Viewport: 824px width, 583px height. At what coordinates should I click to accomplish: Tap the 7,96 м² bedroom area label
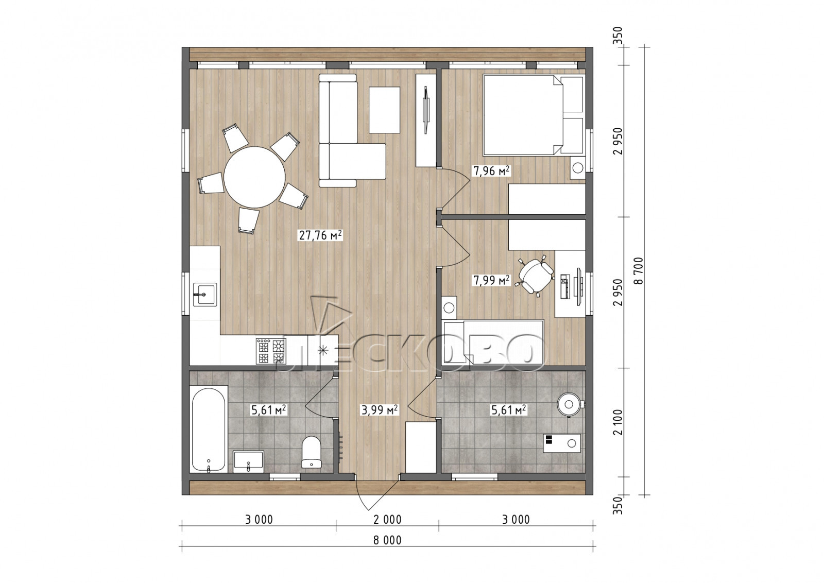point(491,170)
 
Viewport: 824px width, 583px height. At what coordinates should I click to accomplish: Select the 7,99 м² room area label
point(491,281)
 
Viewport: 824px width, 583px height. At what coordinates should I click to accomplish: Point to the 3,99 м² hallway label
point(380,410)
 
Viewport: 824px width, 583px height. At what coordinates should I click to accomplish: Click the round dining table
point(254,177)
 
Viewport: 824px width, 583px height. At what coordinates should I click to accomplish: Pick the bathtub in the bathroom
point(209,429)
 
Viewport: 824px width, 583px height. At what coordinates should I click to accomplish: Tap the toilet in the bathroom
point(311,452)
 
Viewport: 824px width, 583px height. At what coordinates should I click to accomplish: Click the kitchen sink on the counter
point(205,294)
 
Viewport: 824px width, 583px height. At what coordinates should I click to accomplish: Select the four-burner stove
point(271,351)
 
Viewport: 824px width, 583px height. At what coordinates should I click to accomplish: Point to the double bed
point(533,115)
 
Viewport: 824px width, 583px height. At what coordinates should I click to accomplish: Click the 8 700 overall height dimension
point(639,271)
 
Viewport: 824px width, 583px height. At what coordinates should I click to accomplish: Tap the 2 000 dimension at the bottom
point(387,519)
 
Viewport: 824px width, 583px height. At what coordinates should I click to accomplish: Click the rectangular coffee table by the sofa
point(384,110)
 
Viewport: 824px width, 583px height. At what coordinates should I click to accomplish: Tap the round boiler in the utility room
point(570,405)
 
